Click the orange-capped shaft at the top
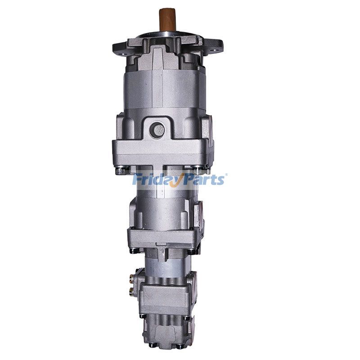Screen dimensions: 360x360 [x=167, y=20]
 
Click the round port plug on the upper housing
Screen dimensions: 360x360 [x=157, y=130]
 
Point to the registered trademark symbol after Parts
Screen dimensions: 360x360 [x=226, y=175]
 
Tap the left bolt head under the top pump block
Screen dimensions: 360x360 [x=121, y=171]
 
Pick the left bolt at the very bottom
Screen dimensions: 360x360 [x=153, y=345]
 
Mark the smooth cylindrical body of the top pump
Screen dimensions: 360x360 [x=165, y=90]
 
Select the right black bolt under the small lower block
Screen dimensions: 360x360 [x=186, y=318]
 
